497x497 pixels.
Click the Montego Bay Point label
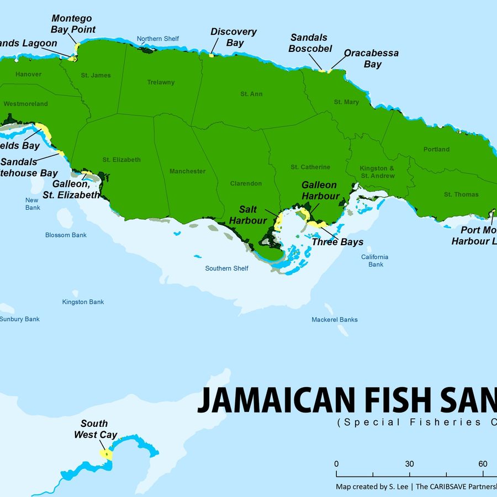click(73, 24)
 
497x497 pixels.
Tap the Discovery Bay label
click(234, 38)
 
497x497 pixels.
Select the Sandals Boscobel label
click(311, 43)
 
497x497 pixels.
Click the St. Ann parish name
click(251, 94)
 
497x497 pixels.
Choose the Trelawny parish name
click(161, 82)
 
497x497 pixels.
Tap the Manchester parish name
click(187, 171)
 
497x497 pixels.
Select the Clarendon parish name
click(246, 183)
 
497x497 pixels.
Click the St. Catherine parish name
click(310, 167)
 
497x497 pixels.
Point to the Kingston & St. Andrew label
click(377, 172)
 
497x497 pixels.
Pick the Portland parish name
click(436, 149)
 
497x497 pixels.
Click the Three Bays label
click(337, 242)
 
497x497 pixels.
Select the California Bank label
click(376, 261)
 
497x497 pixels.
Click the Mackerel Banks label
click(334, 319)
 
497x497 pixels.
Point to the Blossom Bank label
click(66, 235)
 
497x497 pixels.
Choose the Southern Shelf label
click(226, 268)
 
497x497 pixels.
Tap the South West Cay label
click(95, 429)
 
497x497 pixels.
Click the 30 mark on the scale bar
click(409, 464)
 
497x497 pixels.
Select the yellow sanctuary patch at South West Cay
click(105, 454)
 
